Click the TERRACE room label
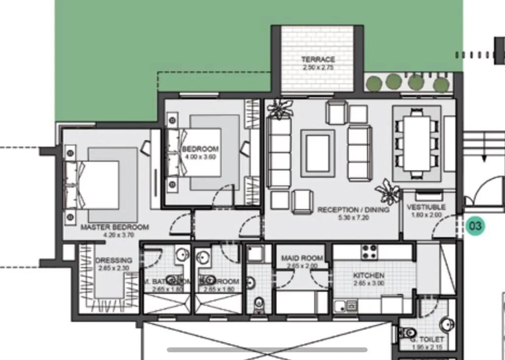coord(318,59)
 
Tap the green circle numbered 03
coord(475,226)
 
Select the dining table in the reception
coord(417,143)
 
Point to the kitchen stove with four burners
coord(370,252)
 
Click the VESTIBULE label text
coord(426,207)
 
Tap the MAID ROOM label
coord(302,258)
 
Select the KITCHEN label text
coord(368,275)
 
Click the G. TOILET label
coord(427,340)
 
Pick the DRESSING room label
coord(113,260)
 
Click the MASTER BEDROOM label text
coord(114,227)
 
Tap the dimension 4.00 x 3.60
coord(200,157)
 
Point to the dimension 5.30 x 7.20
coord(353,217)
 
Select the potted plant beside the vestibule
coord(387,192)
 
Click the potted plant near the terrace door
coord(280,108)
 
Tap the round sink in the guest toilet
coord(447,324)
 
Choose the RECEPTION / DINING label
coord(353,210)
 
